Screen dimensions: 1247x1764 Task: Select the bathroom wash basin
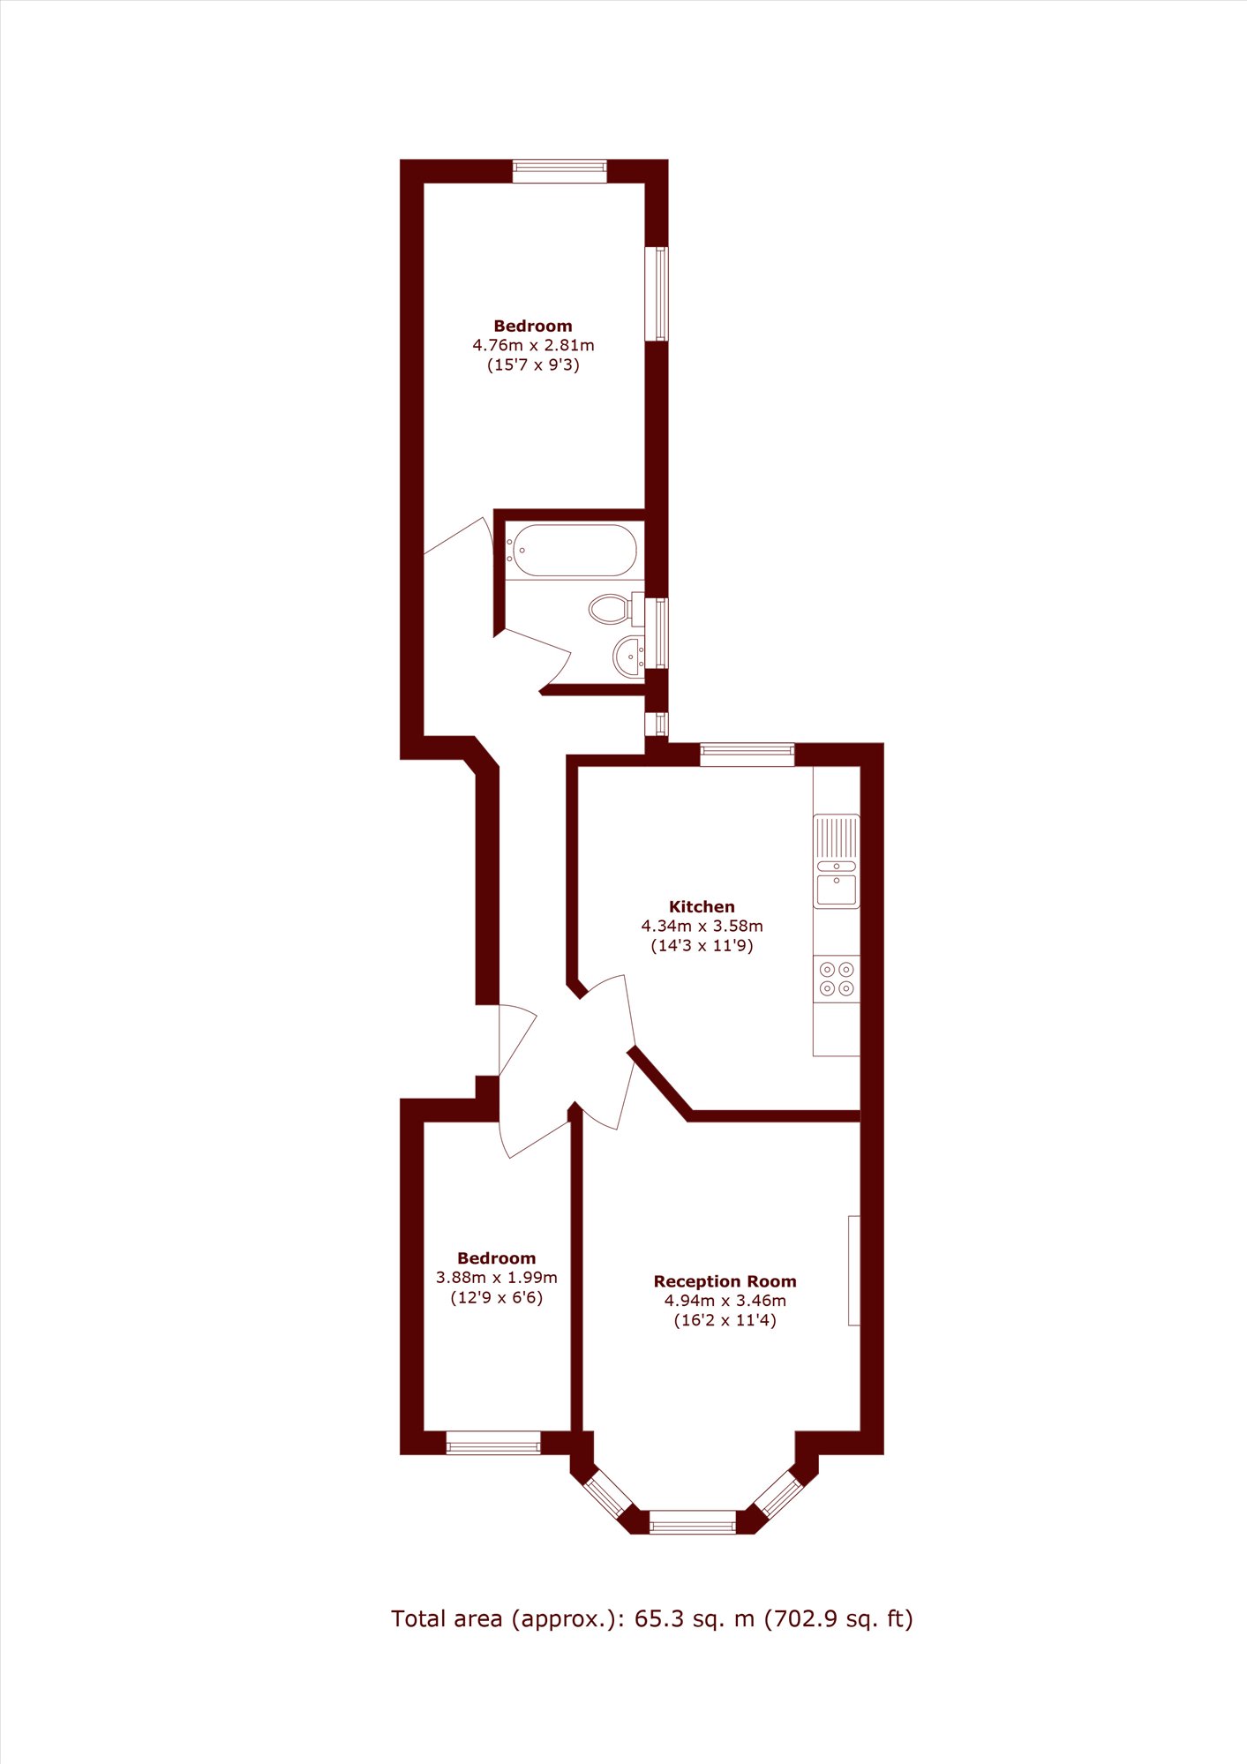(x=629, y=656)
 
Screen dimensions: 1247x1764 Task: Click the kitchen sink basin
(x=836, y=890)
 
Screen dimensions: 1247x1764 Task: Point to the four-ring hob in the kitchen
(x=837, y=979)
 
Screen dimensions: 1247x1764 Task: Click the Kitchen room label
(x=702, y=906)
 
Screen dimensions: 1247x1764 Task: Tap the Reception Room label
(x=725, y=1281)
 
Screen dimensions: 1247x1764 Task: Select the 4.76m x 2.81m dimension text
(x=533, y=345)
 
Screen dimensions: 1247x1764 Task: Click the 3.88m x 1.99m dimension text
(x=497, y=1278)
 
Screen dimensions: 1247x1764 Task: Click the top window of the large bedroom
(x=560, y=171)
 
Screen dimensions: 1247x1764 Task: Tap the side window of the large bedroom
(x=657, y=294)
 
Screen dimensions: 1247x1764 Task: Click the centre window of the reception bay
(x=693, y=1522)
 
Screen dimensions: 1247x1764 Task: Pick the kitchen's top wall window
(x=747, y=754)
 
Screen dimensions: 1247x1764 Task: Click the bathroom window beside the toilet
(x=657, y=633)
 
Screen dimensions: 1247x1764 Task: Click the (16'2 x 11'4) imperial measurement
(x=725, y=1321)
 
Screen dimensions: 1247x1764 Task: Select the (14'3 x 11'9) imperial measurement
(x=702, y=946)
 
